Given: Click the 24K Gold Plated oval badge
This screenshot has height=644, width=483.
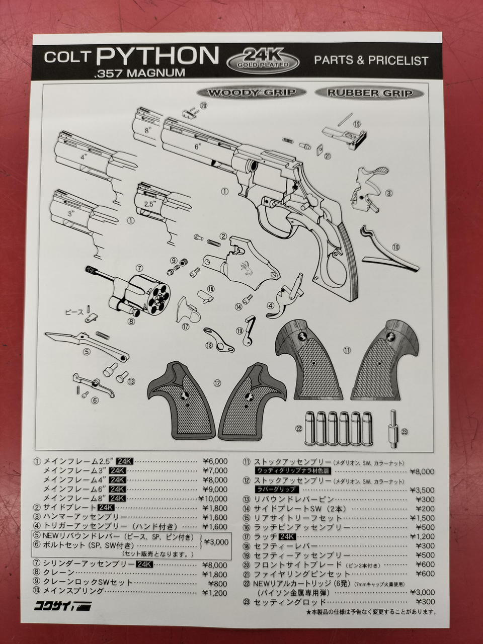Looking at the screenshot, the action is pyautogui.click(x=263, y=61).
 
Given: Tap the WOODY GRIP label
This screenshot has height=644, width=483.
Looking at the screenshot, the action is pyautogui.click(x=252, y=93).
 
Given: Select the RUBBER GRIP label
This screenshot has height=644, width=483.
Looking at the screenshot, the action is pyautogui.click(x=369, y=93).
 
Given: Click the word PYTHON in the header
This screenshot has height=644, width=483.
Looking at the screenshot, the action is pyautogui.click(x=157, y=55).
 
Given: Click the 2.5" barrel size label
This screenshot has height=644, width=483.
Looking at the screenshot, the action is pyautogui.click(x=149, y=204).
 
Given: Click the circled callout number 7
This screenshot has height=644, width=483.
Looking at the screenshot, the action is pyautogui.click(x=139, y=268).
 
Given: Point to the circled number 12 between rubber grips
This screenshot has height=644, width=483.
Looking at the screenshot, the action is pyautogui.click(x=217, y=383).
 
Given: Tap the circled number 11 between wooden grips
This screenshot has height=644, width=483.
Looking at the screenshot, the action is pyautogui.click(x=347, y=350).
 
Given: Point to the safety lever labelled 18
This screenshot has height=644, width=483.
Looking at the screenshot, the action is pyautogui.click(x=219, y=340).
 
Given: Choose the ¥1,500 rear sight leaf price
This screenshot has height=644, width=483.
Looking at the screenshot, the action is pyautogui.click(x=422, y=518).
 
